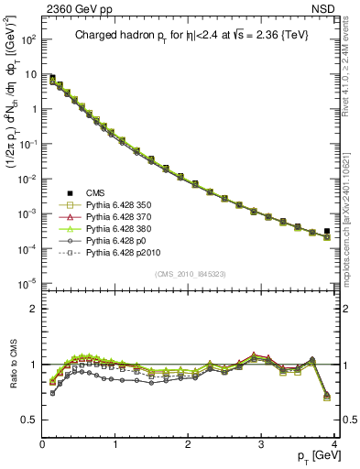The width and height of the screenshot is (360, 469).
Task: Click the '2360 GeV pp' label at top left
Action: [x=73, y=8]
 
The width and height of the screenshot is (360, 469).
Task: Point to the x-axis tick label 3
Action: [x=262, y=444]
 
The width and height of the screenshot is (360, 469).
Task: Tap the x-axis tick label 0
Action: [x=42, y=444]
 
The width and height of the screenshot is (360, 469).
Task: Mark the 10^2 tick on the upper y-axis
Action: [x=28, y=40]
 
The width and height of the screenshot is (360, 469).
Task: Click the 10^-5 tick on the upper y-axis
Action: [x=28, y=282]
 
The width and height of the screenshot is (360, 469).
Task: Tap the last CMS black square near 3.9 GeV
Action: [x=327, y=232]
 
